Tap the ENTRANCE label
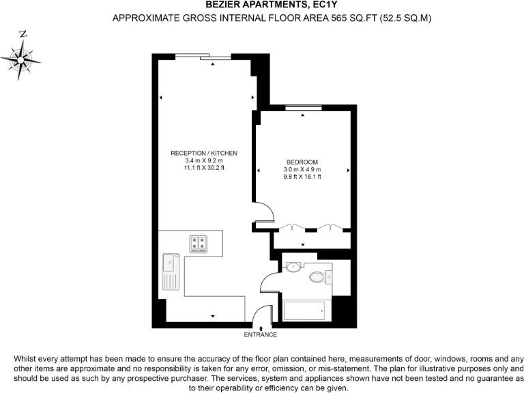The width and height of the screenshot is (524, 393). coord(261,335)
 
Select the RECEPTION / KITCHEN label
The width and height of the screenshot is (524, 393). coord(204,153)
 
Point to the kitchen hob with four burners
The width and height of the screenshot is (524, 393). coord(199,243)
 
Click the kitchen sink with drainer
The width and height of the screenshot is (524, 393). coord(169,271)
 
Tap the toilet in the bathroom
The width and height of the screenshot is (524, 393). coord(319,277)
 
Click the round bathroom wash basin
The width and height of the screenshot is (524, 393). coord(293,267)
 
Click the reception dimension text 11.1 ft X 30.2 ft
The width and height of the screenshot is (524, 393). coord(204,168)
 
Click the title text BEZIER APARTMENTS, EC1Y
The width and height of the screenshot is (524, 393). coord(262,5)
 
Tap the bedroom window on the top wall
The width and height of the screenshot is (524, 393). coord(303,107)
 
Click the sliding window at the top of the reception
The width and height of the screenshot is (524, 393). coord(203,57)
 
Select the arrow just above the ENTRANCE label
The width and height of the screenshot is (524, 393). coord(261,328)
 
